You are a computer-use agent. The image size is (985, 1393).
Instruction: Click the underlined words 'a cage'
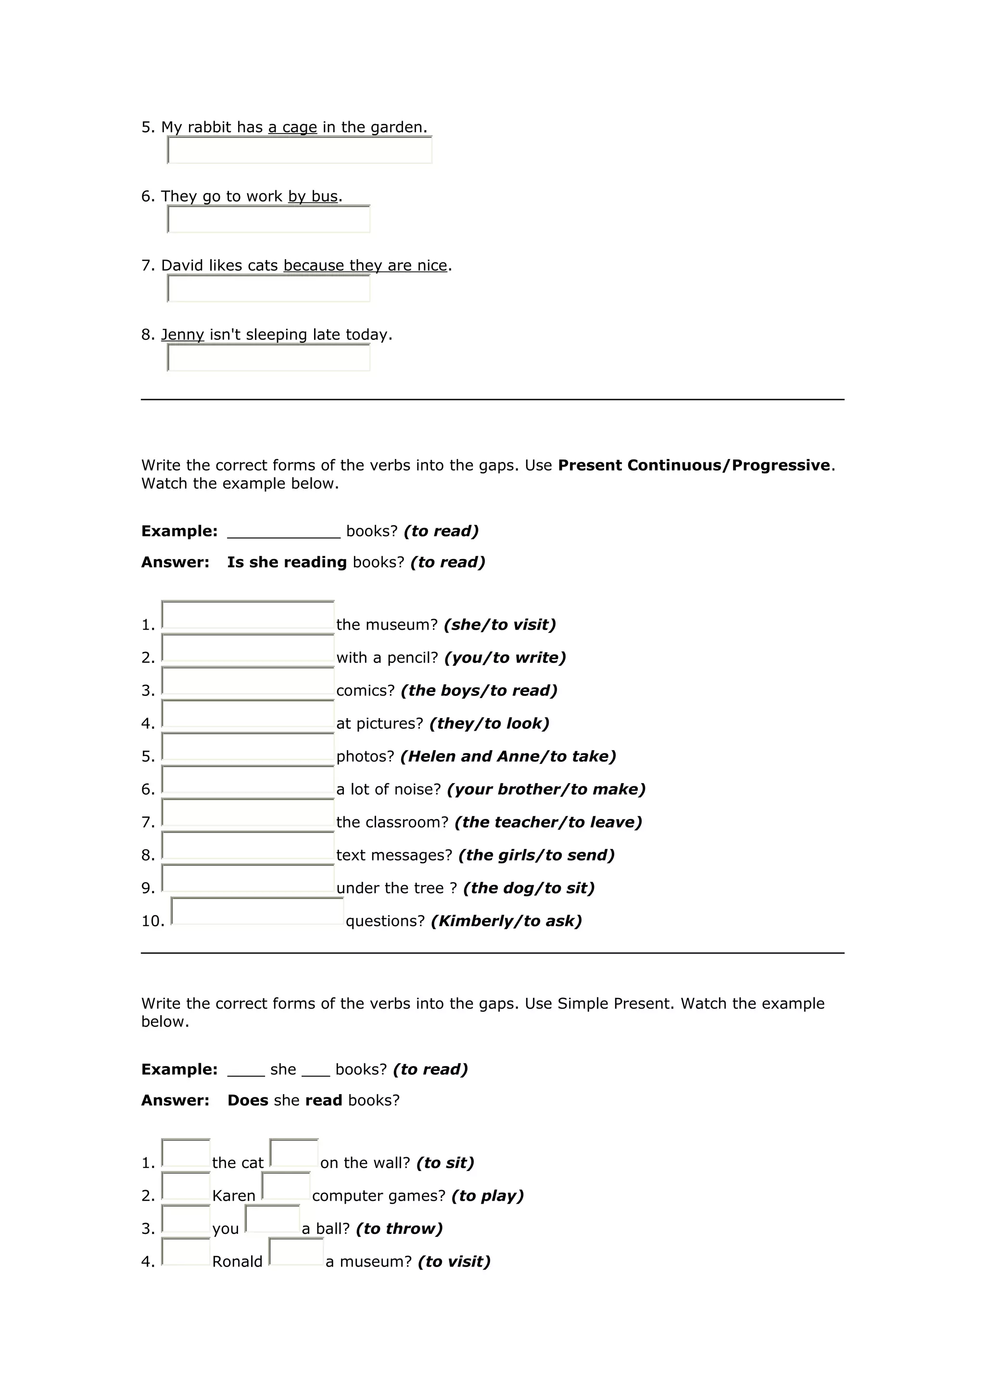coord(292,127)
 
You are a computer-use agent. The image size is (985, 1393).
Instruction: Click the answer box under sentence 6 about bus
coord(268,220)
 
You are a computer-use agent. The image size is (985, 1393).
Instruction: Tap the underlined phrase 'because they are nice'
coord(366,266)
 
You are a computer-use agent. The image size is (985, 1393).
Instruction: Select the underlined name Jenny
coord(182,335)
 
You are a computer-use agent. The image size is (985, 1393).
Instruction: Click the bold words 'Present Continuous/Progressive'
coord(694,465)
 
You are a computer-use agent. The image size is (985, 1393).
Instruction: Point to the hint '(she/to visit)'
coord(500,625)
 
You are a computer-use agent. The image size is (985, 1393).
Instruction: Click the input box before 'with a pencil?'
coord(248,648)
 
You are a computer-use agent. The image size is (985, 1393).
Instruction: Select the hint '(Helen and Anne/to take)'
coord(508,757)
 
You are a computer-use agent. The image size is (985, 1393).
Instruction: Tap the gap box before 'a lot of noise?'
coord(248,780)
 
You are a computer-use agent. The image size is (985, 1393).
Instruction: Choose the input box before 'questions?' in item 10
coord(257,912)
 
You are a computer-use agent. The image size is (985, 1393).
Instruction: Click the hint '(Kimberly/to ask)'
coord(506,921)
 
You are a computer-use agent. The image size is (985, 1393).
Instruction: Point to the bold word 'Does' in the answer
coord(248,1101)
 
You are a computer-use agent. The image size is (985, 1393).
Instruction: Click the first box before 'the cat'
coord(186,1153)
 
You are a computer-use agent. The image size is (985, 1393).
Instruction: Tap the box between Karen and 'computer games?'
coord(286,1186)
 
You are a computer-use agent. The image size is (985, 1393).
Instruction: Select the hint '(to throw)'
coord(399,1229)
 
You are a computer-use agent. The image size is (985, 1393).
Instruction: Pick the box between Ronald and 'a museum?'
coord(296,1252)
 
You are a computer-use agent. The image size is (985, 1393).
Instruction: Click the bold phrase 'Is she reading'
coord(287,562)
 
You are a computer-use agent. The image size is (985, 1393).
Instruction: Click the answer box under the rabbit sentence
coord(300,150)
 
